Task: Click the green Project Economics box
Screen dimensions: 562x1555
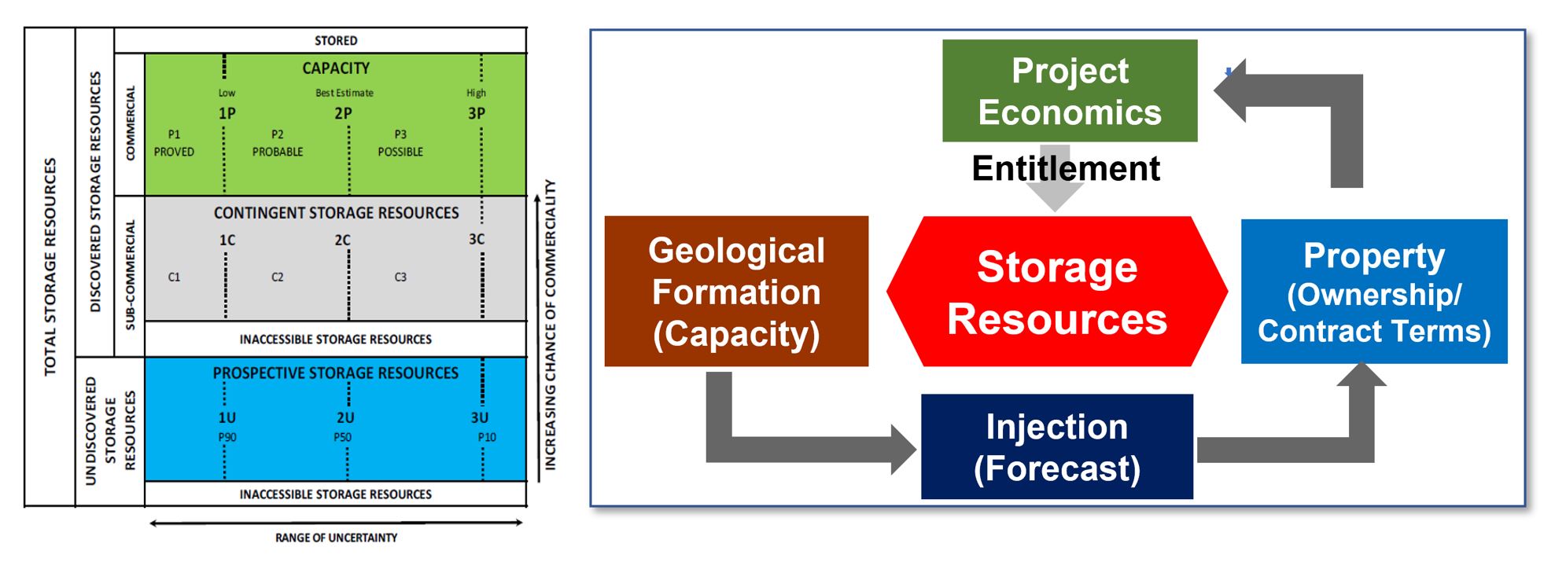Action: pyautogui.click(x=1069, y=90)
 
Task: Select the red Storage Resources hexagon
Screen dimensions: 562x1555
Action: pyautogui.click(x=1056, y=292)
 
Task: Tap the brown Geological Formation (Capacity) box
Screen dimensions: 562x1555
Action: pyautogui.click(x=736, y=292)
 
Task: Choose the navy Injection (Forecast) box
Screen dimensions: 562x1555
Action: pyautogui.click(x=1056, y=446)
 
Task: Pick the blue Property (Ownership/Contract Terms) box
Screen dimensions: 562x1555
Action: pyautogui.click(x=1373, y=292)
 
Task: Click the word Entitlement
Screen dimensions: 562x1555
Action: pyautogui.click(x=1065, y=168)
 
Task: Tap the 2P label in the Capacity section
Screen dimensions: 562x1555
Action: pyautogui.click(x=343, y=113)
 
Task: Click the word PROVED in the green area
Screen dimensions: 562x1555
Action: pyautogui.click(x=174, y=152)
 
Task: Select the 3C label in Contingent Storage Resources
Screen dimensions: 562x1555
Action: pyautogui.click(x=477, y=239)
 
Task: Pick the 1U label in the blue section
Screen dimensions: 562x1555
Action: pyautogui.click(x=227, y=417)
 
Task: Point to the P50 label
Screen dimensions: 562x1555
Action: pyautogui.click(x=342, y=437)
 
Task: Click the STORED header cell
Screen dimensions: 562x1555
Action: pyautogui.click(x=336, y=40)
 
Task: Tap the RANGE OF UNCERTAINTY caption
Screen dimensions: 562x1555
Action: pyautogui.click(x=336, y=538)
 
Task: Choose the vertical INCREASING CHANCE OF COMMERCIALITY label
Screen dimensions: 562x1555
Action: pyautogui.click(x=550, y=325)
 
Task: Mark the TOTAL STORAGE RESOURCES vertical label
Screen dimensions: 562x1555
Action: pyautogui.click(x=50, y=267)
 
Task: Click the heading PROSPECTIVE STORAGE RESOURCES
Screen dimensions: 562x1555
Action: pyautogui.click(x=335, y=373)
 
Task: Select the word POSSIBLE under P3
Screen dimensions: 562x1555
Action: pyautogui.click(x=400, y=152)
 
